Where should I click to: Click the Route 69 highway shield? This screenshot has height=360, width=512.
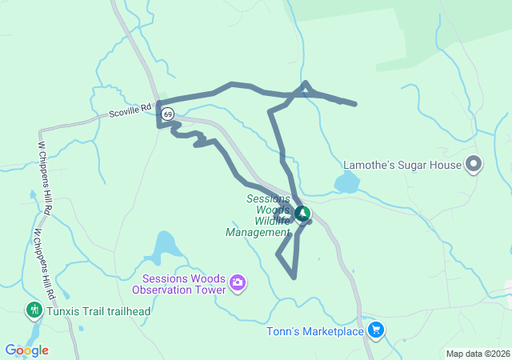[x=167, y=114]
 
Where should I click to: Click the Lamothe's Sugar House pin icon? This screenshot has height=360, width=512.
[x=474, y=165]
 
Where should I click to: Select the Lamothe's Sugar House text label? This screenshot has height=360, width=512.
[x=402, y=165]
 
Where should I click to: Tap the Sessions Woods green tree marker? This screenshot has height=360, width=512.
[x=302, y=213]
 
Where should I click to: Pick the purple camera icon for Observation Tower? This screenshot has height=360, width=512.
[x=237, y=282]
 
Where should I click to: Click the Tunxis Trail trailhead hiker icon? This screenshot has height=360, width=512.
[x=34, y=310]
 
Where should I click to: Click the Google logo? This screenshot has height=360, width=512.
[x=26, y=350]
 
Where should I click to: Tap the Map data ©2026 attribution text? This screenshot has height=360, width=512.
[x=477, y=354]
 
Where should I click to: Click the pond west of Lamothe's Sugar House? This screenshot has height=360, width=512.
[x=347, y=184]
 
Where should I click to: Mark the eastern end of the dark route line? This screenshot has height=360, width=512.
[x=354, y=103]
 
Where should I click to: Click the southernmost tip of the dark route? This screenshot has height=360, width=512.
[x=294, y=278]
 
